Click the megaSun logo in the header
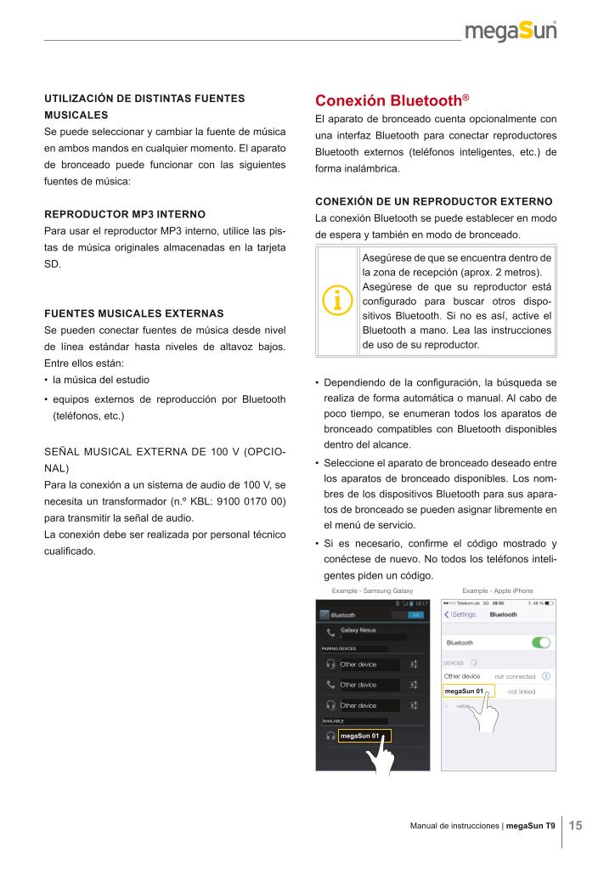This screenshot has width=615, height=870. [x=511, y=31]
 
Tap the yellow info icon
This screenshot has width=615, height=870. [x=337, y=299]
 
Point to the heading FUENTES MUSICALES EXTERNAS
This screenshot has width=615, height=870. [x=134, y=313]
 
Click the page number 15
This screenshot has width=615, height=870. [x=575, y=825]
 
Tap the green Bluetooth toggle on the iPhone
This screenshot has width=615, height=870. [x=540, y=642]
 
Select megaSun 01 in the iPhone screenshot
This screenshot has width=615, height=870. [x=464, y=692]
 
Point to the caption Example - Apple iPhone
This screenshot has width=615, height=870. [x=498, y=590]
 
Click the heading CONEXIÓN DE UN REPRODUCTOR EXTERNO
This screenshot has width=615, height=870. [x=433, y=201]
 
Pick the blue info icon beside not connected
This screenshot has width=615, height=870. [x=546, y=676]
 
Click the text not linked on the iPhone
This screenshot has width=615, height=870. [x=521, y=692]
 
